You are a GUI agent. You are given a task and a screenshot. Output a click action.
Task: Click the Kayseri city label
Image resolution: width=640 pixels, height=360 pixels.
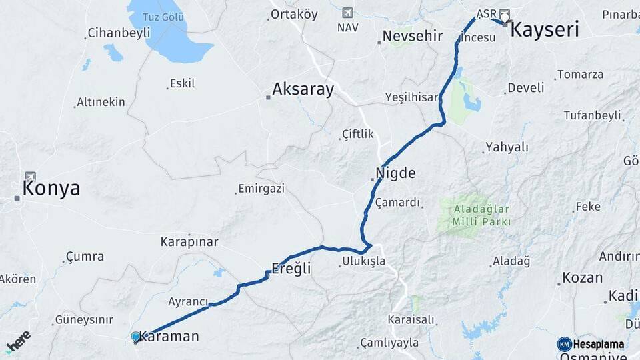pos(545,29)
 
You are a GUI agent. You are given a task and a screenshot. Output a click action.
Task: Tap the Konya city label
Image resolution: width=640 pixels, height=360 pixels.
pos(51,189)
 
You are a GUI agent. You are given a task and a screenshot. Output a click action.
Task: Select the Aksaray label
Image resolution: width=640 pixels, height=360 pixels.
pos(303,89)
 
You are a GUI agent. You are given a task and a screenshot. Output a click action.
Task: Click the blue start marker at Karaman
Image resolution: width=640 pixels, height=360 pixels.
pos(136,337)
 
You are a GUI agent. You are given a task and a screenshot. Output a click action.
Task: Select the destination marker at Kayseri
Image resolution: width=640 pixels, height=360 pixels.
pos(505,18)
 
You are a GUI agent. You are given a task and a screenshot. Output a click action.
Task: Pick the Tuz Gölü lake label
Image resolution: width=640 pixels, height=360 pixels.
pos(164,17)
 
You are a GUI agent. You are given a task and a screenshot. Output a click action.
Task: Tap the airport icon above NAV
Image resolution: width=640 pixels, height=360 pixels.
pos(347,13)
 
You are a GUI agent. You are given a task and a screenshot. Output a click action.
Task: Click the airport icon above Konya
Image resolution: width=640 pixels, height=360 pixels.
pos(30,177)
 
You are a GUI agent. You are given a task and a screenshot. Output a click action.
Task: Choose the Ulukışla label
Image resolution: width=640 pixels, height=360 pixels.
pos(363,261)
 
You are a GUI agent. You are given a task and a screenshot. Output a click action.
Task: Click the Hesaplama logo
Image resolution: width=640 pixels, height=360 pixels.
pos(591,344)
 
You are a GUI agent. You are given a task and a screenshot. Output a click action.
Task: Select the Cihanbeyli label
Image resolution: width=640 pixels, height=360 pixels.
pos(115,33)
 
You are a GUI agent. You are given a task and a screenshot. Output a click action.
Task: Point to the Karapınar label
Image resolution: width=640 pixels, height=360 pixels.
pos(189,241)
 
